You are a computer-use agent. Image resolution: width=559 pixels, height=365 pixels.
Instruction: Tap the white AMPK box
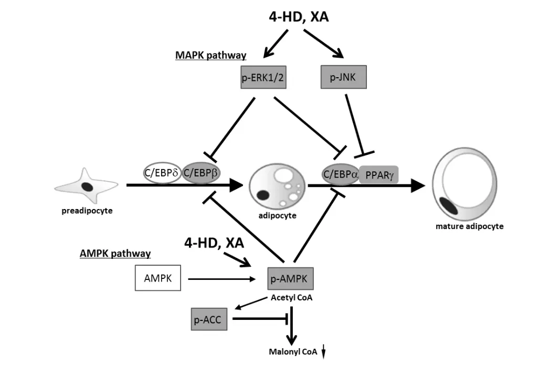tap(157, 278)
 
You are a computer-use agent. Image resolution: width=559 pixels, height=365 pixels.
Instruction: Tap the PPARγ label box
tap(378, 174)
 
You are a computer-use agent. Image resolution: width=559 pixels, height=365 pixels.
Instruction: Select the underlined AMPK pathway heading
tap(115, 254)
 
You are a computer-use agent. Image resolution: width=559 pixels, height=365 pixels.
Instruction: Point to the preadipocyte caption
tap(87, 211)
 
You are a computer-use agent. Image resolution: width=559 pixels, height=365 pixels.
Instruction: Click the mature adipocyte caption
tap(469, 226)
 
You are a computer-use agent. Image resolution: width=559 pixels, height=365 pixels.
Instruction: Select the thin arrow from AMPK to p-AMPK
tap(225, 279)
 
